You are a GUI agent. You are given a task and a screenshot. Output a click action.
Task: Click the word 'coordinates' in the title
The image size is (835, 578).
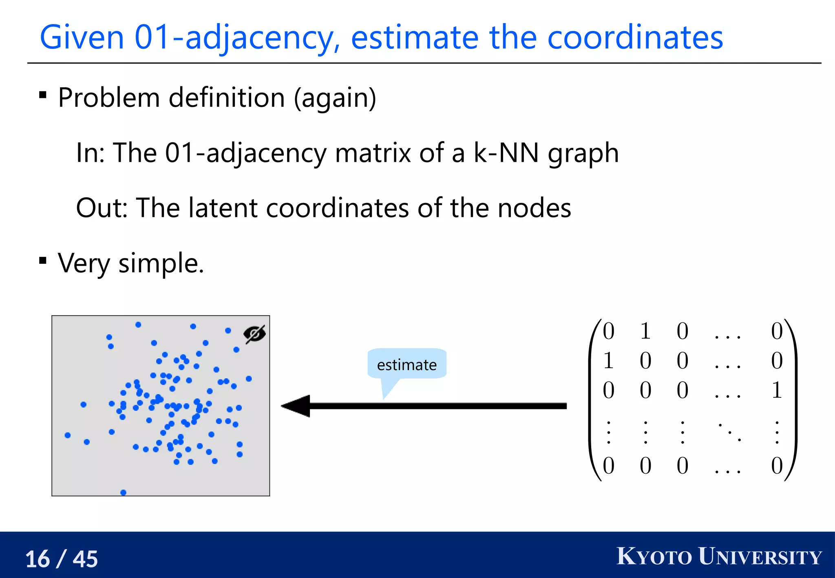tap(634, 38)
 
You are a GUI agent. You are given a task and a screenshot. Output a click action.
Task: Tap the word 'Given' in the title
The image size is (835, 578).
tap(82, 38)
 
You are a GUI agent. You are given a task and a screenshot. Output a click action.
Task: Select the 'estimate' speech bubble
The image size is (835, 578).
tap(406, 364)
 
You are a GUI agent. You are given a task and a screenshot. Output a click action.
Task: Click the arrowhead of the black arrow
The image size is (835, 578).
tap(296, 406)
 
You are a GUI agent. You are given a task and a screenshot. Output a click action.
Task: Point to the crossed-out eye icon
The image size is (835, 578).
tap(254, 334)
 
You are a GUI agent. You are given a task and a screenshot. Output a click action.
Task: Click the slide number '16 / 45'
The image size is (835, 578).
tap(62, 558)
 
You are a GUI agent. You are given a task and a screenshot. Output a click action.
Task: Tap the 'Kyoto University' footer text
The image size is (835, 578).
tap(719, 557)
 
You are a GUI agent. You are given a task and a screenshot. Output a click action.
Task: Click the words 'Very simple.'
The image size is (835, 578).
tap(131, 263)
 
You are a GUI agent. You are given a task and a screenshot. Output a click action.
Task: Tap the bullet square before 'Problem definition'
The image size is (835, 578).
tap(42, 95)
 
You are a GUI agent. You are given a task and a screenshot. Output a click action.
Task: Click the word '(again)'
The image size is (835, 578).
tap(335, 98)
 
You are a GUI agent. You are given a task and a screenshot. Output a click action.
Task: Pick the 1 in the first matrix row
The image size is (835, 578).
tap(645, 331)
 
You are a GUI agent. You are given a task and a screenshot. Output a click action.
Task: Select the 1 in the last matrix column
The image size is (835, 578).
tap(777, 390)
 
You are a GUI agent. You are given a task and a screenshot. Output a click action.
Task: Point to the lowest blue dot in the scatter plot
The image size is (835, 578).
tap(124, 492)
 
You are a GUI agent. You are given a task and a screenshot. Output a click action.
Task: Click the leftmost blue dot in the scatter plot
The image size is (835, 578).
tap(68, 435)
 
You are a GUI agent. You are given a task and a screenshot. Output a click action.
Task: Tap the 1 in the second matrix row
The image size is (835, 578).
tap(608, 360)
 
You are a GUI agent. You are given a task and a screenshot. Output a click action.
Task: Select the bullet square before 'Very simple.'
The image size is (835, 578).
tap(42, 260)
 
